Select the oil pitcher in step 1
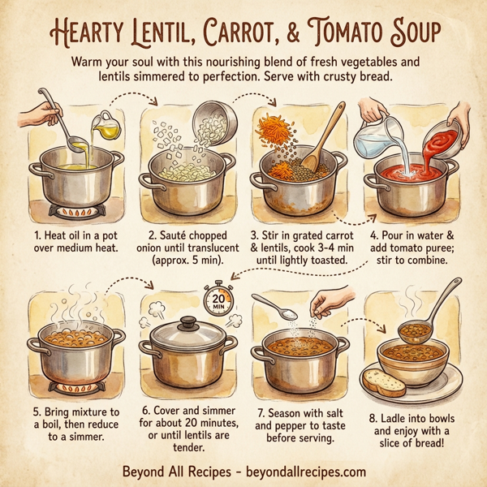pyautogui.click(x=105, y=123)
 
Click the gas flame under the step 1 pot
pyautogui.click(x=75, y=213)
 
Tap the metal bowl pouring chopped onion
pyautogui.click(x=214, y=120)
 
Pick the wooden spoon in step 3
pyautogui.click(x=321, y=141)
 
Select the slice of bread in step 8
pyautogui.click(x=384, y=381)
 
